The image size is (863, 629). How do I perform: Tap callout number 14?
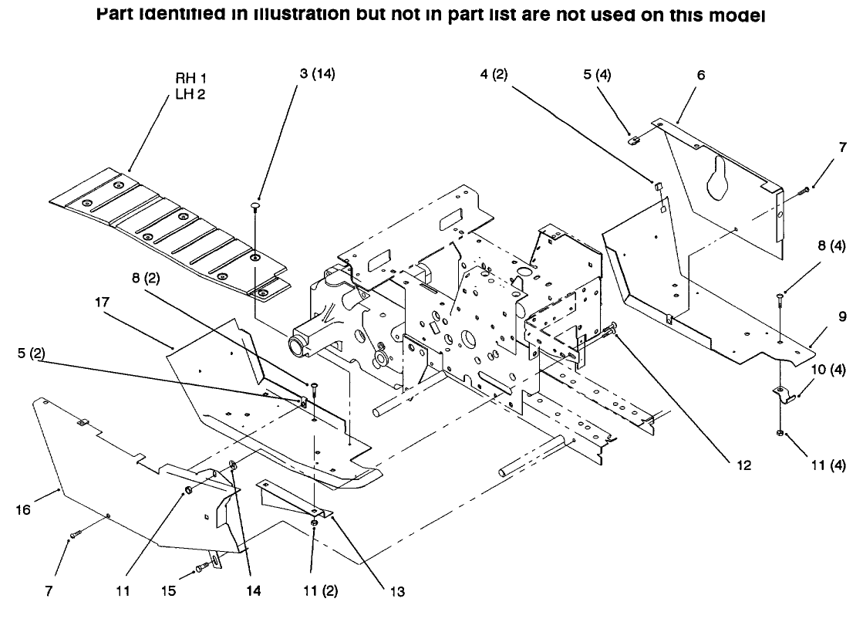pyautogui.click(x=252, y=592)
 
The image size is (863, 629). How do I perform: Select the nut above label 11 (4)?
pyautogui.click(x=780, y=432)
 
